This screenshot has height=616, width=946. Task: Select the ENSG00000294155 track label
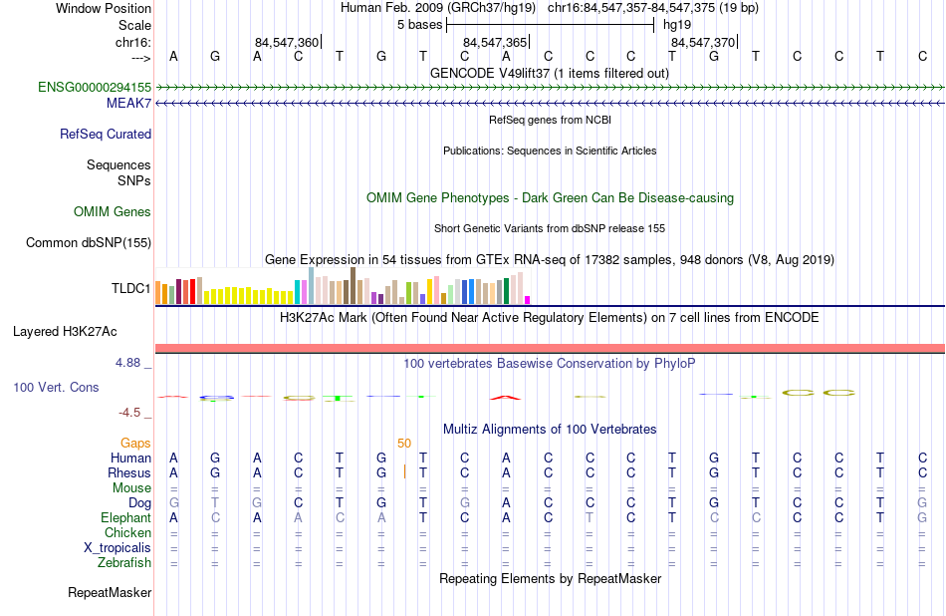(95, 88)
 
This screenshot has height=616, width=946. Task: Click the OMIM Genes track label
(113, 211)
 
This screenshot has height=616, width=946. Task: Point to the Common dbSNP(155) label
(89, 242)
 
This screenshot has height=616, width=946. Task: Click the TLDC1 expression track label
(130, 289)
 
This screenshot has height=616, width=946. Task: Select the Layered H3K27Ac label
(65, 331)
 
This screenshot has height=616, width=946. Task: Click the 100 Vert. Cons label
(56, 387)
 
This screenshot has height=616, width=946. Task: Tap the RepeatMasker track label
(110, 593)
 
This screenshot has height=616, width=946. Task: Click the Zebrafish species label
(124, 563)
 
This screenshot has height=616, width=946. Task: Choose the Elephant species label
(125, 518)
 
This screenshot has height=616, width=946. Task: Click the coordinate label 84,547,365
(495, 43)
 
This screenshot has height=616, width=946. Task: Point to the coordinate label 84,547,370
(702, 43)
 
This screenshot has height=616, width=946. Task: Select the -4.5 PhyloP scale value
(131, 412)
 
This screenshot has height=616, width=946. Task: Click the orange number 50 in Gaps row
(404, 443)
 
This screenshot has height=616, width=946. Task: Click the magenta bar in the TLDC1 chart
(528, 299)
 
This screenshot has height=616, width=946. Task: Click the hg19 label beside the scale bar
(676, 23)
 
